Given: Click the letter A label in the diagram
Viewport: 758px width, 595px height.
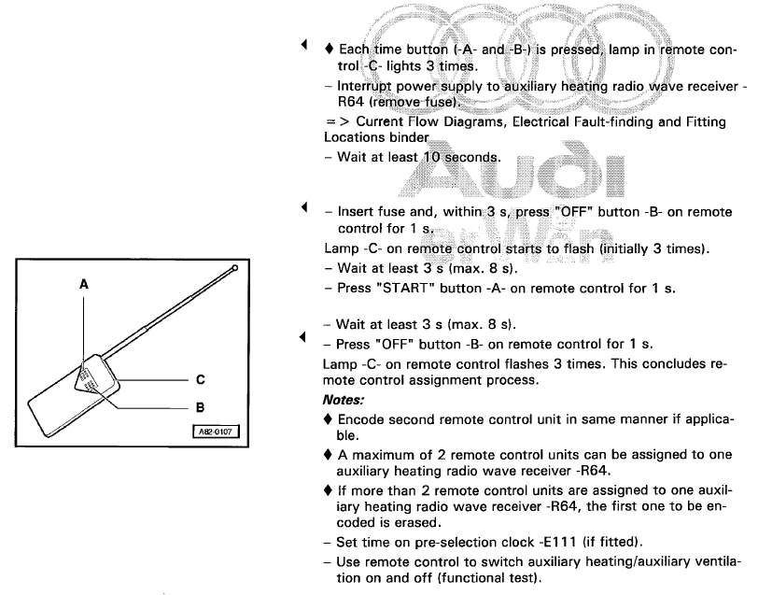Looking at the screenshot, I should (83, 285).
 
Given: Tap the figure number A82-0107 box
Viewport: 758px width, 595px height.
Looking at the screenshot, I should (217, 432).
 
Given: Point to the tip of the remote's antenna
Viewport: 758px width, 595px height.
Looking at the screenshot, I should (235, 269).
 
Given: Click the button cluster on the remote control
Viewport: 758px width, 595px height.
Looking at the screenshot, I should (86, 379).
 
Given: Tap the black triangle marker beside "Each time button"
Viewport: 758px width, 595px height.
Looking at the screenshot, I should (302, 45).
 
